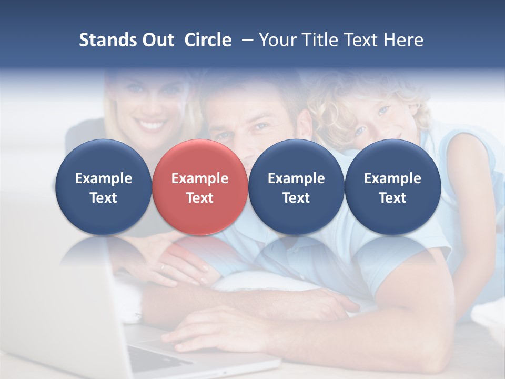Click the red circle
point(199,187)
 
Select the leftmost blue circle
point(103,187)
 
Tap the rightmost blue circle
point(392,187)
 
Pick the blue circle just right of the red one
point(296,187)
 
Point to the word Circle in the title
point(208,40)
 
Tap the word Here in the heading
point(405,40)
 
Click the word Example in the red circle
point(199,178)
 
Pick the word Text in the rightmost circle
point(392,198)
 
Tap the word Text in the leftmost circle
point(103,198)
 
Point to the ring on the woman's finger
point(163,267)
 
